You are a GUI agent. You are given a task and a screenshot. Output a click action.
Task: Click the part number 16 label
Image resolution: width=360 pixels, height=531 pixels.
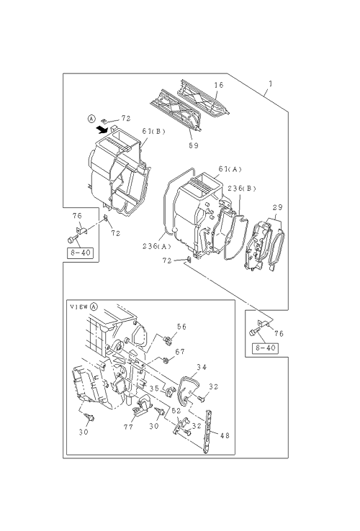219,85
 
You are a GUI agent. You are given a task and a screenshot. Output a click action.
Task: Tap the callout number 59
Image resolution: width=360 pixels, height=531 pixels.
194,145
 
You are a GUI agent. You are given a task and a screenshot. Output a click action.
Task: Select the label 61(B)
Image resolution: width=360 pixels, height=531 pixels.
153,132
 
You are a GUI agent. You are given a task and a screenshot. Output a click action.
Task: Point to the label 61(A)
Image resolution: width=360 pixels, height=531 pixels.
230,169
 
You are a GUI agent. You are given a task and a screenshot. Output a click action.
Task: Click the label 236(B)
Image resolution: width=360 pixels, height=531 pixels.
242,189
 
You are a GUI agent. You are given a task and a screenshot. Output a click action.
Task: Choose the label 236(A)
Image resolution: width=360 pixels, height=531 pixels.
157,246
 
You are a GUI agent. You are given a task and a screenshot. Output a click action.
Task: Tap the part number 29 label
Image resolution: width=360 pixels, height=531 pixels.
277,208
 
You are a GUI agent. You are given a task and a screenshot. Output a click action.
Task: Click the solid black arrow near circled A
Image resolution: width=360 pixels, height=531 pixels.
102,129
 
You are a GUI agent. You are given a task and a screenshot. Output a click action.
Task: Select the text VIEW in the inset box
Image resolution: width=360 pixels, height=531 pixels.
78,307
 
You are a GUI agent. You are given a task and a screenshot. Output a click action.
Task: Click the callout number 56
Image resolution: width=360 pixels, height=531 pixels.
181,327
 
